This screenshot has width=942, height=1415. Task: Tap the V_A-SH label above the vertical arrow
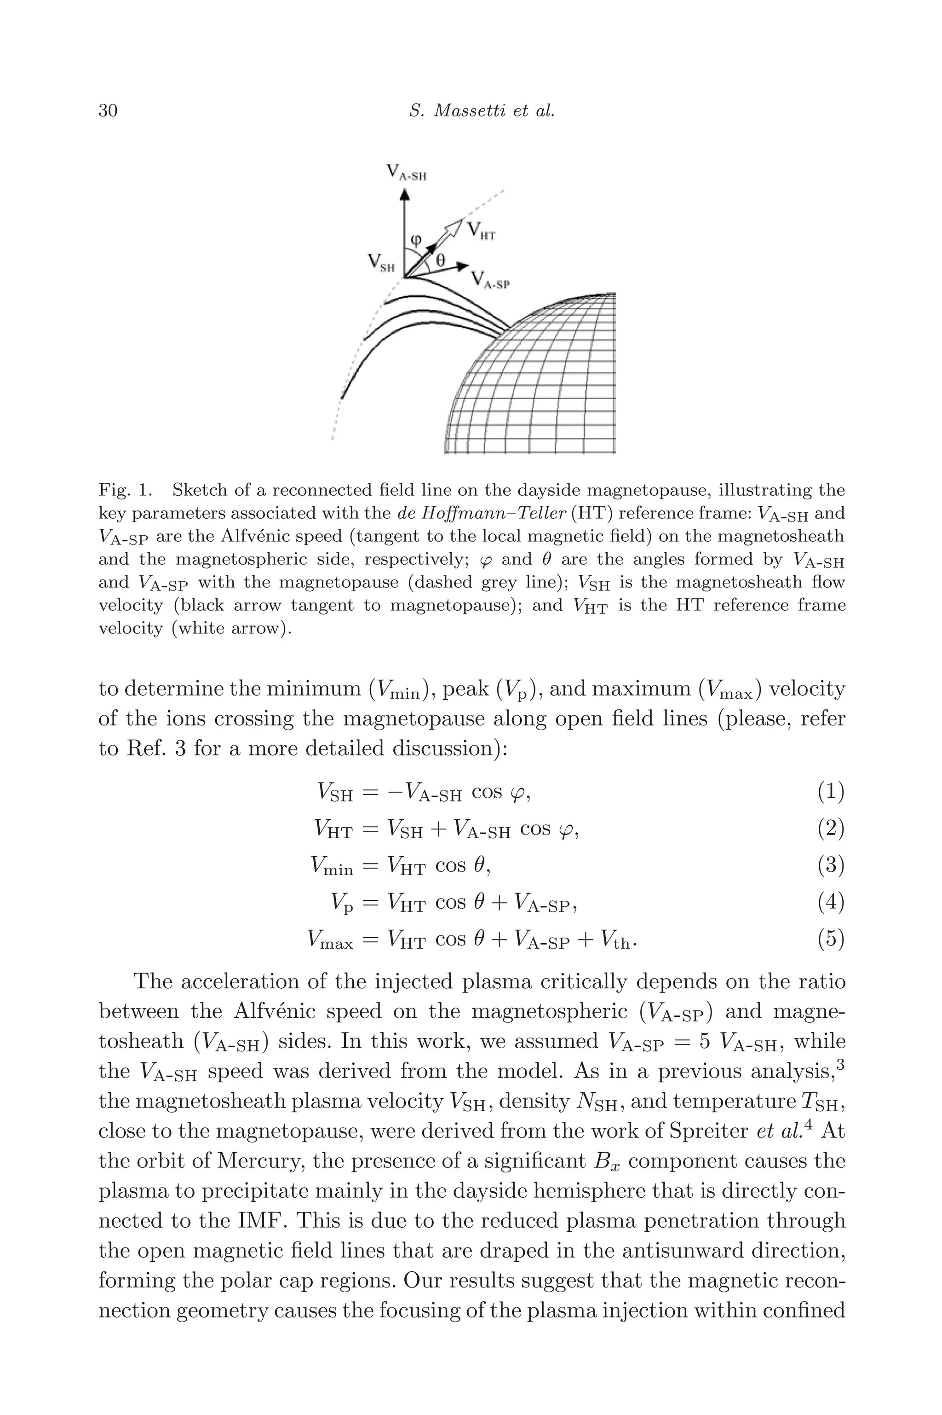pos(406,173)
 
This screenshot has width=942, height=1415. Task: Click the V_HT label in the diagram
pos(481,230)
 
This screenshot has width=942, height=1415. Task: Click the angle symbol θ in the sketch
pos(440,260)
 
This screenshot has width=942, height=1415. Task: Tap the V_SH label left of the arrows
pos(381,263)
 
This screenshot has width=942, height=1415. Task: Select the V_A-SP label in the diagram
pos(489,280)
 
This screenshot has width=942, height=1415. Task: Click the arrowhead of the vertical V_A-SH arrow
pos(405,194)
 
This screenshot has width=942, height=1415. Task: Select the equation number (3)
pos(831,865)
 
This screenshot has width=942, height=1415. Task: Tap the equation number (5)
pos(831,938)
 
